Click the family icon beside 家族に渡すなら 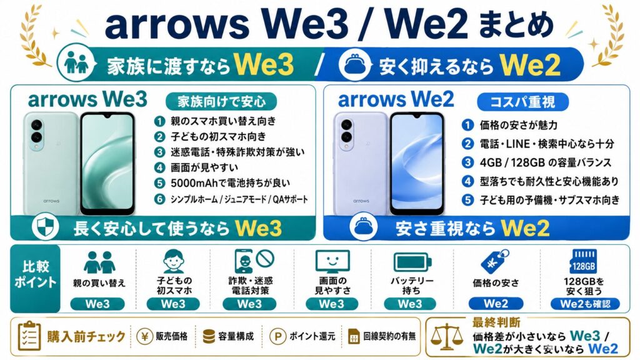coord(77,64)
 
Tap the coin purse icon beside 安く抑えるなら coord(355,64)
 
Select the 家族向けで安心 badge coord(221,101)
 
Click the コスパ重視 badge coord(522,102)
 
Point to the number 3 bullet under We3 coord(159,152)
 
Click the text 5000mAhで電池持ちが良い coord(230,183)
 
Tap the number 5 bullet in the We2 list coord(467,200)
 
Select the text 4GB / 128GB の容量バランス coord(545,162)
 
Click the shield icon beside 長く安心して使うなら coord(45,227)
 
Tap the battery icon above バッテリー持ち coord(412,262)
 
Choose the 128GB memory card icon coord(583,261)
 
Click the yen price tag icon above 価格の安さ coord(495,261)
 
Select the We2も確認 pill coord(585,304)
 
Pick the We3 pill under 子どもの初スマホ coord(173,304)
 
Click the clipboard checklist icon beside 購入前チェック coord(29,336)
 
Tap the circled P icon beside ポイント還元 coord(277,336)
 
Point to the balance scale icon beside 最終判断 coord(447,337)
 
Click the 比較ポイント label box coord(36,278)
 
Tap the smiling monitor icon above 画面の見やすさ coord(332,261)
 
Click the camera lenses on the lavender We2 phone coord(347,131)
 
